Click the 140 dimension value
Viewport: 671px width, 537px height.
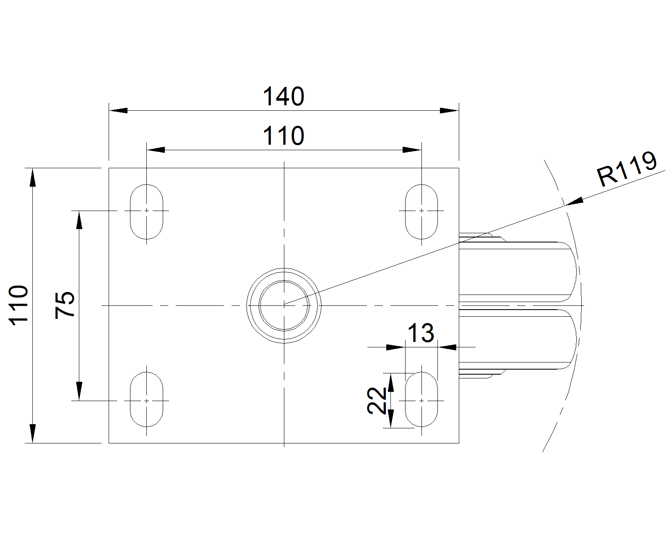(283, 96)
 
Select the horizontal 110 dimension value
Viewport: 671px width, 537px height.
(283, 136)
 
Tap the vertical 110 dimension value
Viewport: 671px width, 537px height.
(18, 305)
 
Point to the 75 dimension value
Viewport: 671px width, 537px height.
(65, 305)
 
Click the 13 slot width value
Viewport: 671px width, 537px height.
(421, 333)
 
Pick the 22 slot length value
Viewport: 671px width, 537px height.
(377, 400)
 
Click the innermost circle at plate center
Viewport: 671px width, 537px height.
(284, 281)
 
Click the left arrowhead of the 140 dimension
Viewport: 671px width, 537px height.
(118, 110)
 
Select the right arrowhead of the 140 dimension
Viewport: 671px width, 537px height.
(449, 110)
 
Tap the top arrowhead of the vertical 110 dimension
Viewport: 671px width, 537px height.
(32, 177)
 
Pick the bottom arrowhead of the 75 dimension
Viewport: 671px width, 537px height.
(79, 391)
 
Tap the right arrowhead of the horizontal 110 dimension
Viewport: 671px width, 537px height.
(412, 150)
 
